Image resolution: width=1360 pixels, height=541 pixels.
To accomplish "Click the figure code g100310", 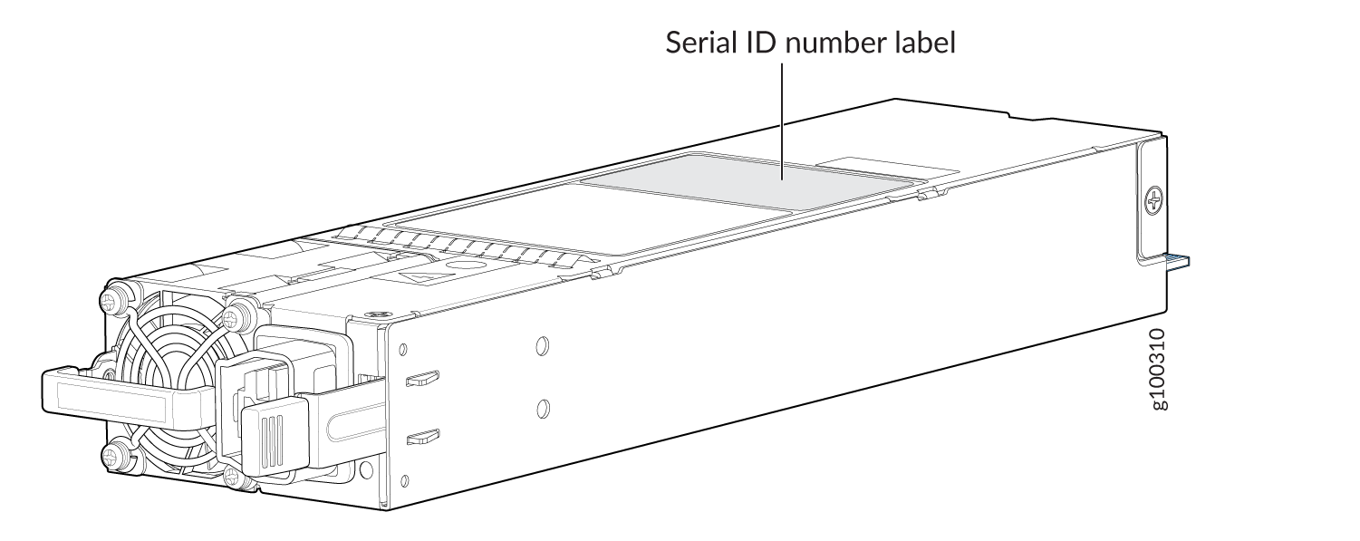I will click(1161, 368).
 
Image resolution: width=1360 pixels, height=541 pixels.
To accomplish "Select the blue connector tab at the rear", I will click(1177, 263).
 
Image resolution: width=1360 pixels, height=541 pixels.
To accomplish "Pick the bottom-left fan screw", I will click(115, 453).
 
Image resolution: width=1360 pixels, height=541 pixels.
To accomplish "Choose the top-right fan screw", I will click(238, 316).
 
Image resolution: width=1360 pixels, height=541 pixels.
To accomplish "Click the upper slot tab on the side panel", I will click(421, 378).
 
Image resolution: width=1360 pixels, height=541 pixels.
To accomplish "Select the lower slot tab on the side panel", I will click(421, 440).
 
